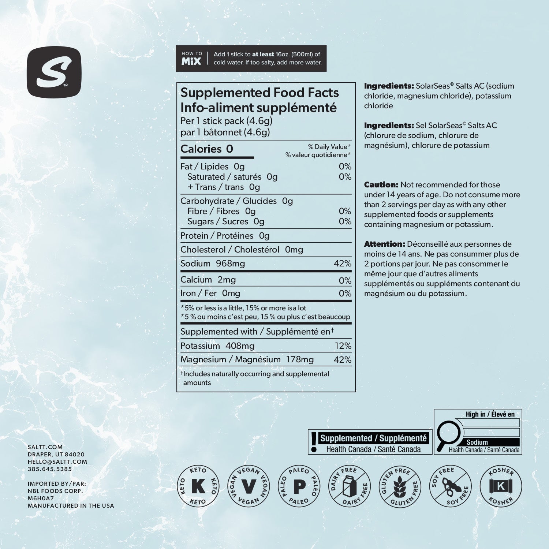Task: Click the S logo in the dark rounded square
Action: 54,72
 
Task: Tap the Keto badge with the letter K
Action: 198,486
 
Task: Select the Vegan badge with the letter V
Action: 249,486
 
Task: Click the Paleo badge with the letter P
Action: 299,486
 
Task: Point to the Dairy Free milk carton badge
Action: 350,486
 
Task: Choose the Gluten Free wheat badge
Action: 400,486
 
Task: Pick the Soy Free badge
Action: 451,486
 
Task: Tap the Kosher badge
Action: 501,486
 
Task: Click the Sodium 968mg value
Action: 230,264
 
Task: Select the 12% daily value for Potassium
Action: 343,346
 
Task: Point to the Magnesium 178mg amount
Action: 300,360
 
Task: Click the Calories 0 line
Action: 207,149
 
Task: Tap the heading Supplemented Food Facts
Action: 259,93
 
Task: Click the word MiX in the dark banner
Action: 191,61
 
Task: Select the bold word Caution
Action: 381,185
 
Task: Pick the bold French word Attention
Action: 384,244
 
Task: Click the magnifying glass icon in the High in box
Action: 448,436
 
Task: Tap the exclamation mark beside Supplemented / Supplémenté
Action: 314,442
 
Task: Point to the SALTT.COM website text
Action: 45,447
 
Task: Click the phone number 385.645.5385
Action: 50,469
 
